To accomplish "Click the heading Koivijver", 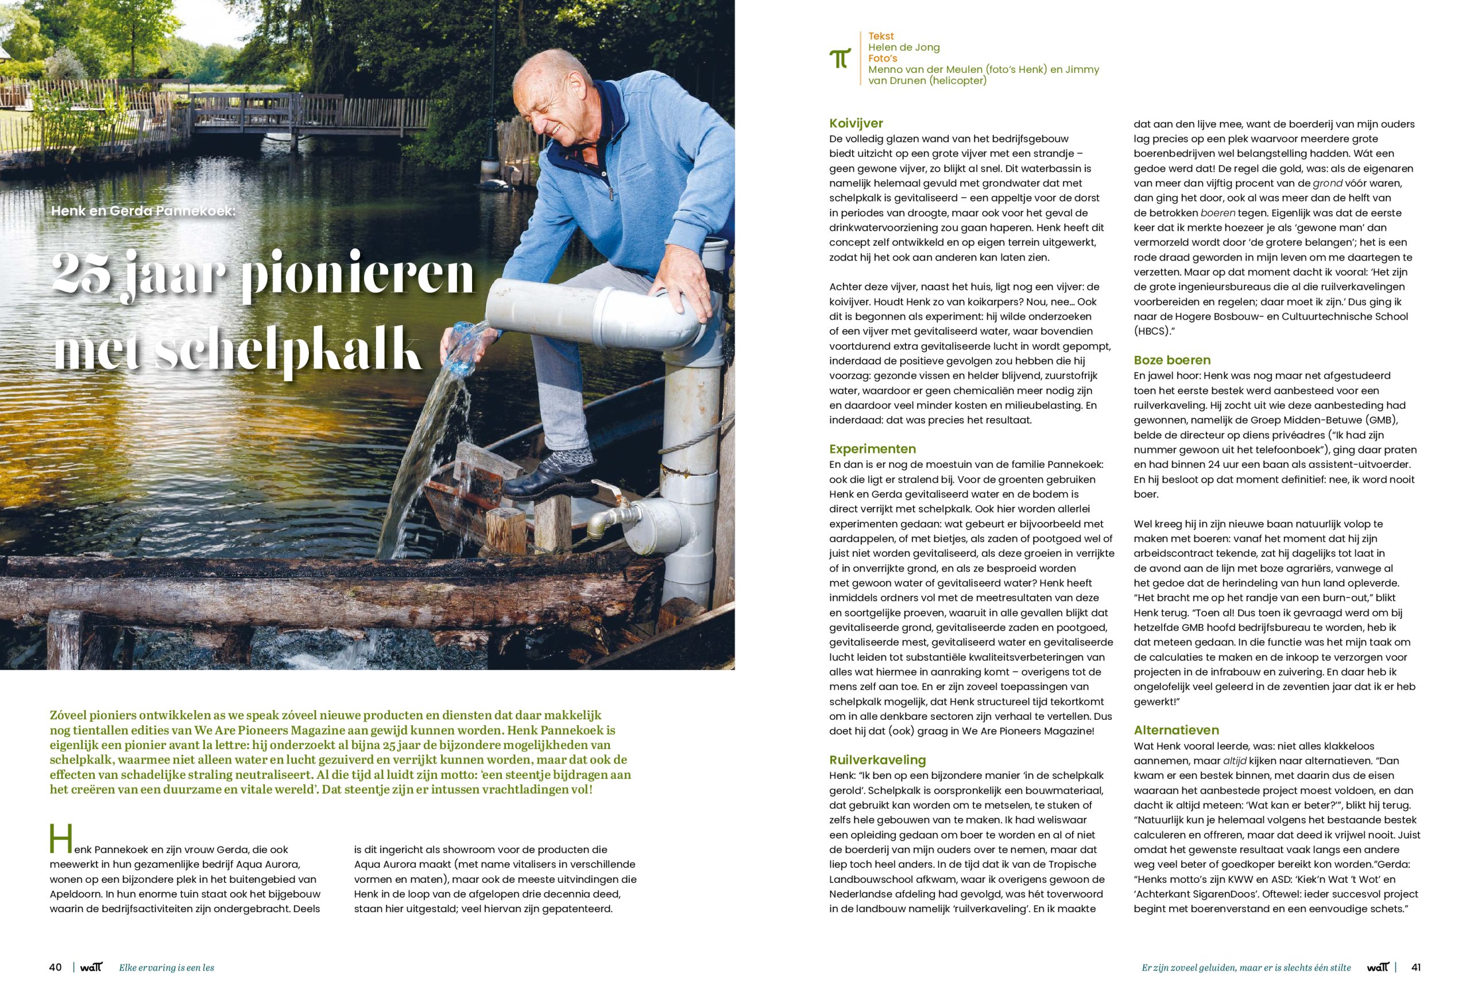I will coord(856,123).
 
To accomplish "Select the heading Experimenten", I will coord(872,449).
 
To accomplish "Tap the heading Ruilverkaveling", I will coord(877,760).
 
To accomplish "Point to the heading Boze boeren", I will coord(1172,360).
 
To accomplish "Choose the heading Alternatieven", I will coord(1176,730).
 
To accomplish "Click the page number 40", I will coord(56,967).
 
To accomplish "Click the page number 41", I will coord(1416,967).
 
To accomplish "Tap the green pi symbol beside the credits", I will coord(840,58).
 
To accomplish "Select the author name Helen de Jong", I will coord(904,48).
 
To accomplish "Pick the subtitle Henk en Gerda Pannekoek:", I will coord(143,211).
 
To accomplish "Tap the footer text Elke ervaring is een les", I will coord(167,968).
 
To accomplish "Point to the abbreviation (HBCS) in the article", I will coord(1154,331).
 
